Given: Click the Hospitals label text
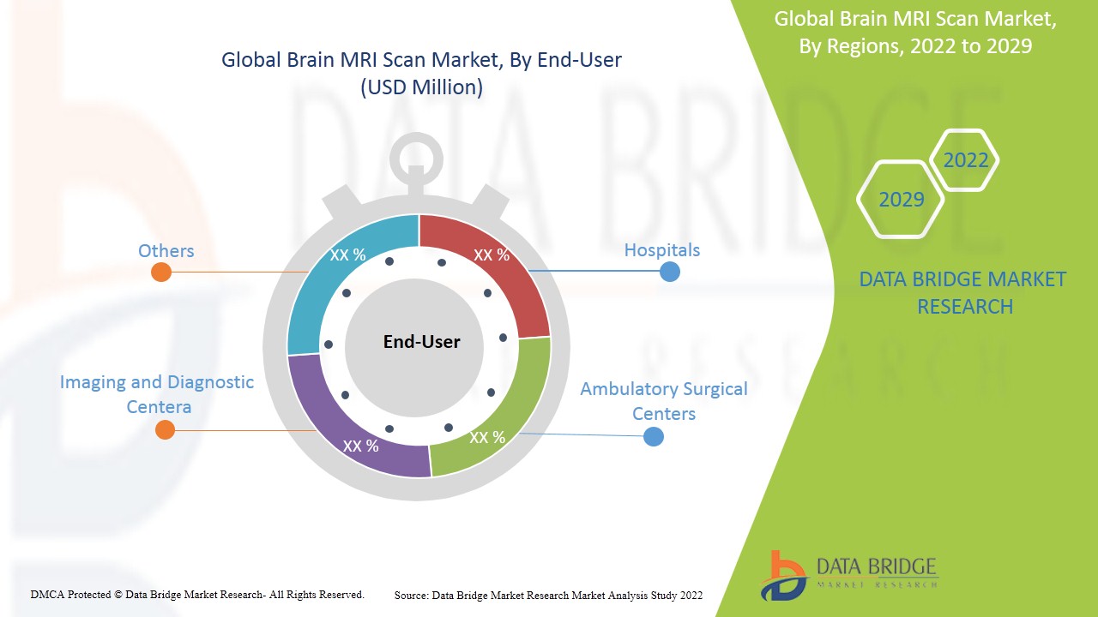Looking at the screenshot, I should (661, 250).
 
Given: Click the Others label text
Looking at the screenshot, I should (166, 251).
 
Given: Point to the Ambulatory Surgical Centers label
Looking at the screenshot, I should (663, 401).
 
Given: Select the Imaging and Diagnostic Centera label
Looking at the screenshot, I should (157, 394).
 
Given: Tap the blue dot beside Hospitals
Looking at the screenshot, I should (670, 272).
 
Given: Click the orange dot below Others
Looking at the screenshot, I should (160, 273).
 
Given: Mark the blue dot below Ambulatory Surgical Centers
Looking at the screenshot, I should (654, 436).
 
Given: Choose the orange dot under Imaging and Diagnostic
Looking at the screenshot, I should (165, 430).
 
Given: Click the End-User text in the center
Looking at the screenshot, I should (421, 342).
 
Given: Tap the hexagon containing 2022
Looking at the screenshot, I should (965, 160).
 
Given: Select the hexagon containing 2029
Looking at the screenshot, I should (901, 200).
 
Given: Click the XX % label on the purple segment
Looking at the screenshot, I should (360, 446).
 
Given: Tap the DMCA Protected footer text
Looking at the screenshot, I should (197, 594).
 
